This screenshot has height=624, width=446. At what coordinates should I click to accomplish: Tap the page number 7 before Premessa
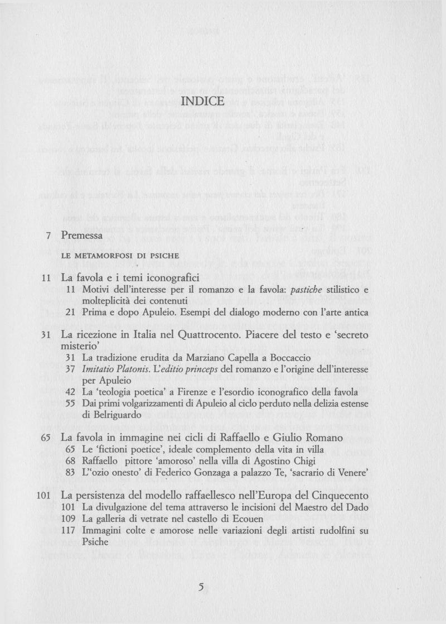coord(49,236)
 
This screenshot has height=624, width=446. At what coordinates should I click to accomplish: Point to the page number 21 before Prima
coord(70,313)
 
